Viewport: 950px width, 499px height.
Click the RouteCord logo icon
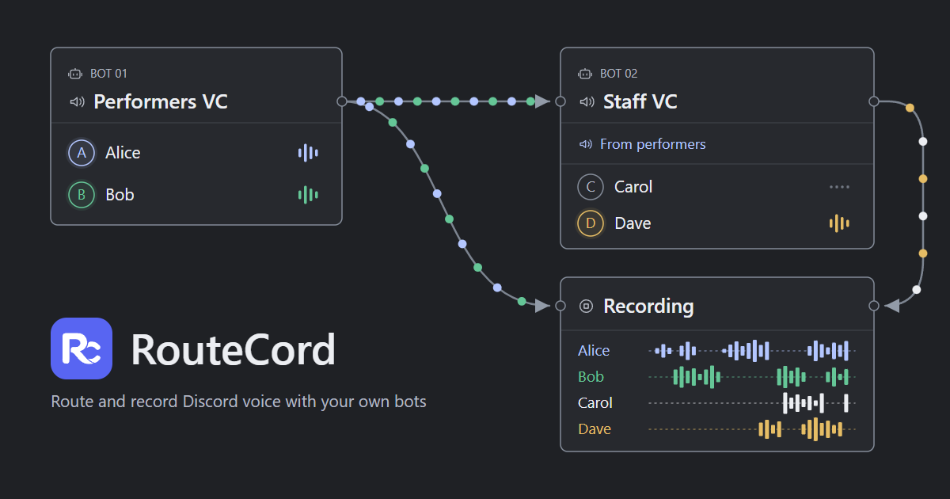(x=82, y=349)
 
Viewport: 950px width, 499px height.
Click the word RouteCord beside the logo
(x=234, y=349)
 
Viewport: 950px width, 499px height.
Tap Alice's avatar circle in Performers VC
(x=82, y=153)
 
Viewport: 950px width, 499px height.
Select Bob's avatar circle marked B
(x=82, y=195)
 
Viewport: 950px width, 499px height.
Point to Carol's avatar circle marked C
(x=591, y=187)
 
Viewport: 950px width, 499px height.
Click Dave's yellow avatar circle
(x=591, y=223)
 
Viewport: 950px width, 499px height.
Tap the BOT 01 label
(x=108, y=74)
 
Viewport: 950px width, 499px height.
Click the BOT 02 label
(x=618, y=74)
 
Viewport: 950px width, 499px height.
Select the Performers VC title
(x=161, y=102)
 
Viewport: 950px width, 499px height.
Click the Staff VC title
(x=640, y=102)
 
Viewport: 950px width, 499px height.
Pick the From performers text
(x=652, y=144)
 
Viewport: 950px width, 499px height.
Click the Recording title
(x=648, y=306)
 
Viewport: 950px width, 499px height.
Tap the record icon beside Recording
(x=586, y=306)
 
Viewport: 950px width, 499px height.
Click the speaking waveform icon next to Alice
(x=308, y=153)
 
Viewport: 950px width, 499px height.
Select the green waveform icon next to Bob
(x=308, y=195)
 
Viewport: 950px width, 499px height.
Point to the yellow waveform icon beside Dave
(x=839, y=223)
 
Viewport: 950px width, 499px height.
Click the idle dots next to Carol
(x=839, y=187)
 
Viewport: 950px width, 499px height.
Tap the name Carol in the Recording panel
(x=595, y=402)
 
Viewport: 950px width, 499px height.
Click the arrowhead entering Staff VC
(x=542, y=101)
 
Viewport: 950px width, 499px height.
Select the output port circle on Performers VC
(x=342, y=101)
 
